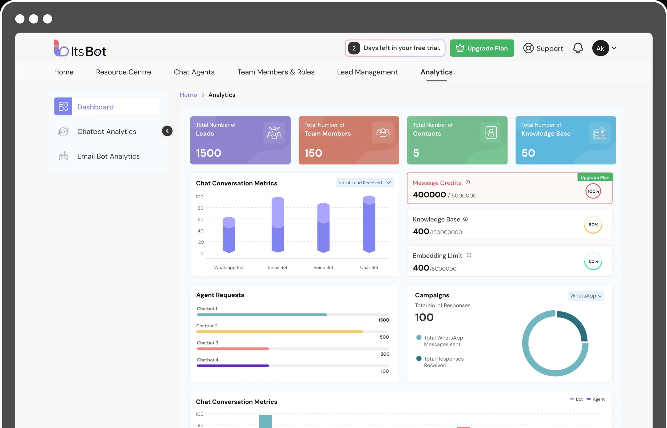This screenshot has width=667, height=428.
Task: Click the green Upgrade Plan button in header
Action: [482, 48]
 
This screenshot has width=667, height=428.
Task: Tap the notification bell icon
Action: [578, 48]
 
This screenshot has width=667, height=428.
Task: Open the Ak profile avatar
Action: [600, 48]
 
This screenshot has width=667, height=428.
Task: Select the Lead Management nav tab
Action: [367, 72]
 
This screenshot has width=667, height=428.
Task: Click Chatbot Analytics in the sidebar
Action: [107, 131]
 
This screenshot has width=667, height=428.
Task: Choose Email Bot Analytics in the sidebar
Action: [108, 156]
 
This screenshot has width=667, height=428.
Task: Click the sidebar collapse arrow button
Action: [167, 131]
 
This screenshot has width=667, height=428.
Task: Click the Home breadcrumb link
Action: [188, 95]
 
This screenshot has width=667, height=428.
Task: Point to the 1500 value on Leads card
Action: [208, 153]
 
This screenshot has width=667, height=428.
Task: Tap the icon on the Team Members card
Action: [383, 133]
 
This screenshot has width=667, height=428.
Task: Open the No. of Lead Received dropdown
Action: [365, 182]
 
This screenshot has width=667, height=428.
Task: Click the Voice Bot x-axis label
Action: [323, 267]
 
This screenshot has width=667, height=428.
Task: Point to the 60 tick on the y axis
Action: [200, 219]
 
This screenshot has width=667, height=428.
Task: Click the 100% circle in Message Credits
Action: [593, 191]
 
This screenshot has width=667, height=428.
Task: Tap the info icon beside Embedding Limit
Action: [469, 255]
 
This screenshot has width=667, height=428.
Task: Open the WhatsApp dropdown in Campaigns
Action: [586, 296]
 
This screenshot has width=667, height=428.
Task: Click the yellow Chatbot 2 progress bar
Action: [279, 332]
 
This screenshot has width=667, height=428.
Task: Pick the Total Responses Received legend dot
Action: [419, 359]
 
